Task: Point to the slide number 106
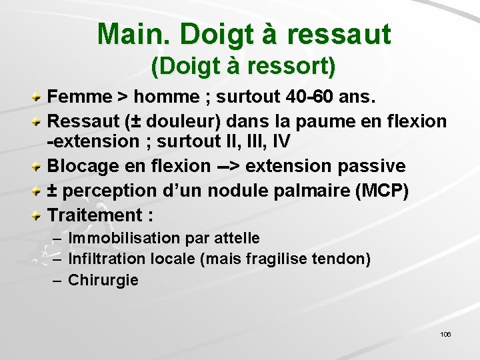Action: tap(445, 333)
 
